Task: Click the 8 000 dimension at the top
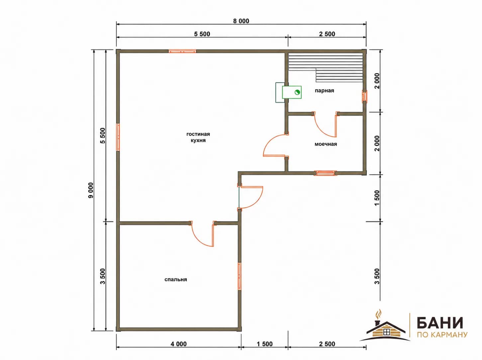coord(241,21)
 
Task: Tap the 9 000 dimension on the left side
coord(91,190)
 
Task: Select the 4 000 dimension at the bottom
coord(178,344)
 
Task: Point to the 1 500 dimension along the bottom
coord(265,344)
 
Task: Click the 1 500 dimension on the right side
coord(377,198)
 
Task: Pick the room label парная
coord(324,91)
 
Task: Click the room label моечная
coord(326,144)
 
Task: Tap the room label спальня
coord(176,279)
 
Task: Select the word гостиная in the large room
coord(198,134)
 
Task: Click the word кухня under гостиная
coord(198,140)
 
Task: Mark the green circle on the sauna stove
coord(297,92)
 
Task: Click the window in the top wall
coord(182,51)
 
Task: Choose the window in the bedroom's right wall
coord(240,276)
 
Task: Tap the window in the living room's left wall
coord(118,137)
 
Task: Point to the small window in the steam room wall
coord(364,97)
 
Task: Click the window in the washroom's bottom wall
coord(325,173)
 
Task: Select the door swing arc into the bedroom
coord(199,240)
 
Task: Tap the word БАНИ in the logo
coord(440,322)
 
